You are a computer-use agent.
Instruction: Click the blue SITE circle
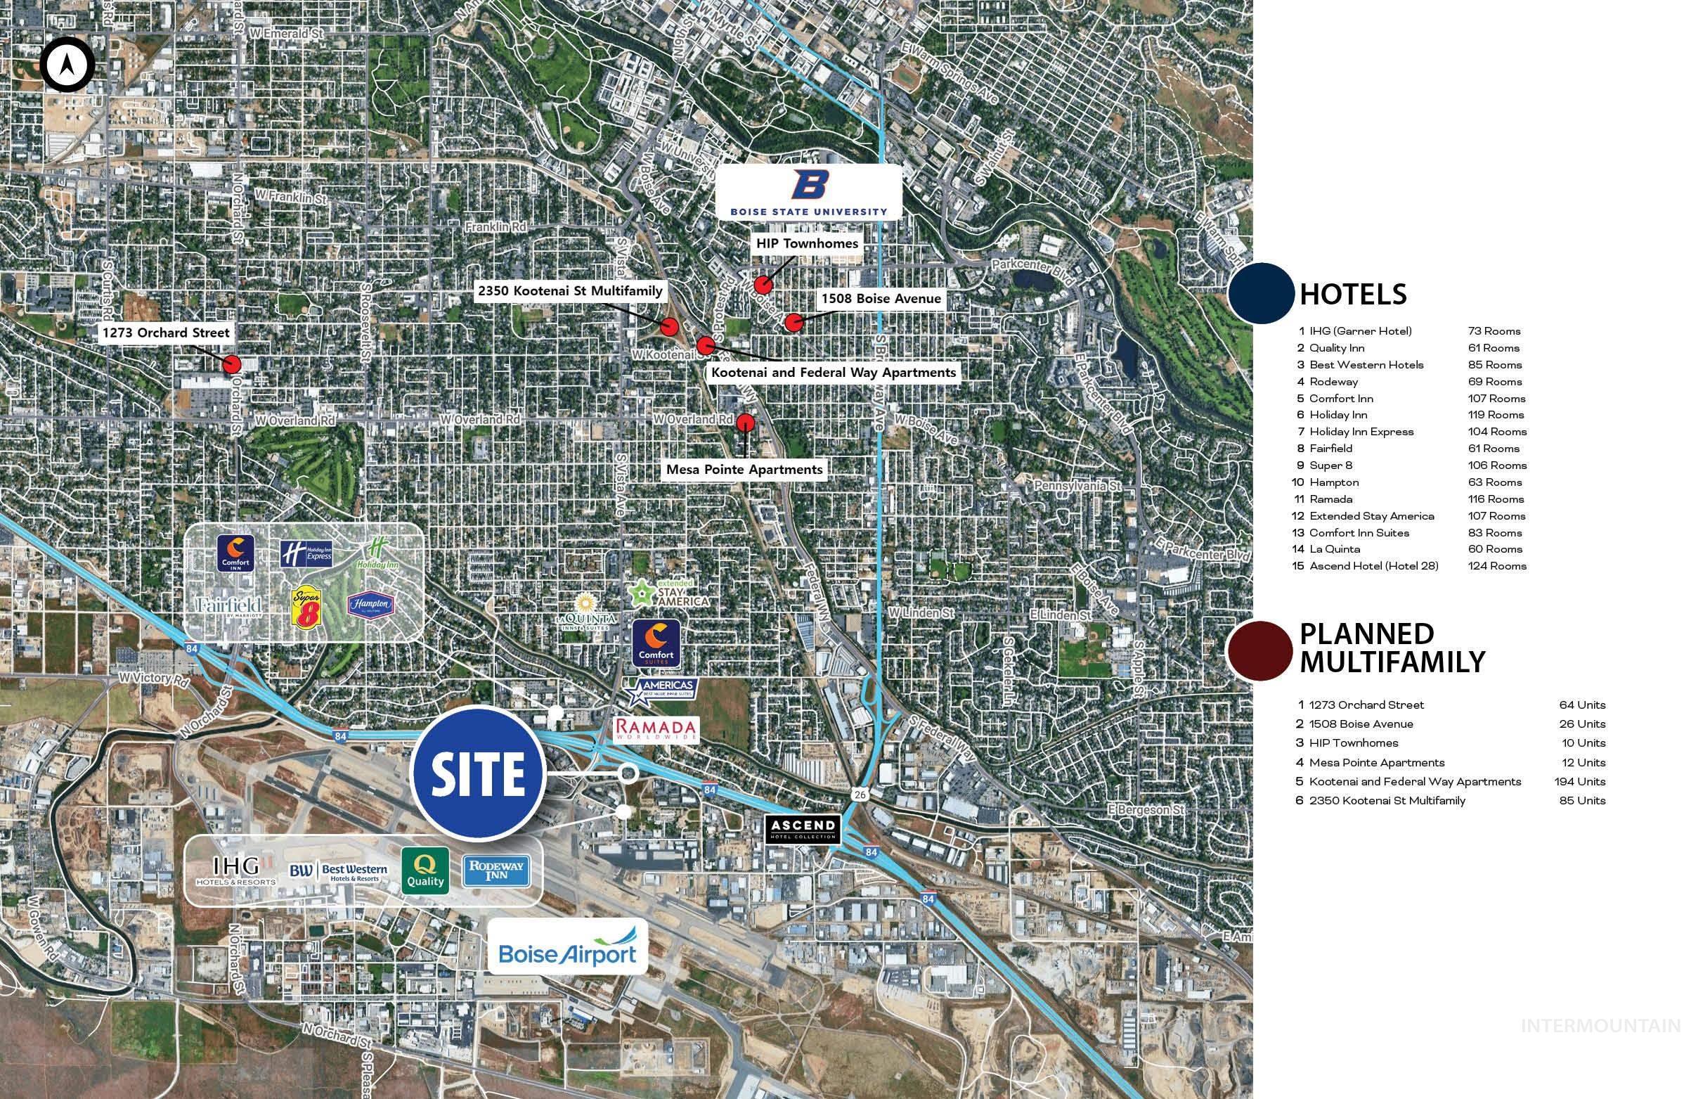(479, 773)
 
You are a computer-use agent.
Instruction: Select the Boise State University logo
(809, 192)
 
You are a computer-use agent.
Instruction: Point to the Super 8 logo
(307, 608)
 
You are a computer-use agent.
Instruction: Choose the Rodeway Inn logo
(496, 871)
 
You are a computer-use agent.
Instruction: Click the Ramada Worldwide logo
(654, 729)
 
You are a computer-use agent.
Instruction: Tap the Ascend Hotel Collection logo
(803, 829)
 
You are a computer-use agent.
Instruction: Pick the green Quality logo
(425, 870)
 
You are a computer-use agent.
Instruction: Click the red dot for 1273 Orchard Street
(232, 364)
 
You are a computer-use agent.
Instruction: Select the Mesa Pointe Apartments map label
(744, 469)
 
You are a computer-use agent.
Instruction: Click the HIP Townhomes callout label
(807, 243)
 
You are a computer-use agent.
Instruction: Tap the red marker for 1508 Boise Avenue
(794, 322)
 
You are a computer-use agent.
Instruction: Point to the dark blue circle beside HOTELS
(1260, 294)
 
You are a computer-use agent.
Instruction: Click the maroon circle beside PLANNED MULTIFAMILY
(1259, 650)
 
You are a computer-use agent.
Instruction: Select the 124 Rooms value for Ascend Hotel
(1496, 566)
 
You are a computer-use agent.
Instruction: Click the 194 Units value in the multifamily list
(1581, 781)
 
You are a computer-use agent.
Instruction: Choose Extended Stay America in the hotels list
(1371, 516)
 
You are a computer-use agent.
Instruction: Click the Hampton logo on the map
(370, 605)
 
